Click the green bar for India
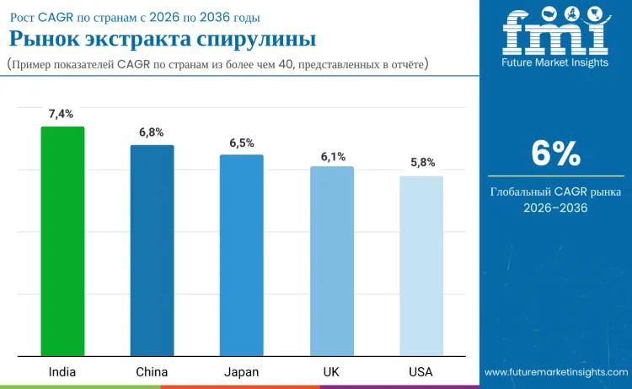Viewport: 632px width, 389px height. tap(62, 241)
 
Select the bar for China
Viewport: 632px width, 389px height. tap(152, 251)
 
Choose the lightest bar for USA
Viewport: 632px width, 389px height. tap(421, 266)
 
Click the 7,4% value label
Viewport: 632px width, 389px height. tap(61, 114)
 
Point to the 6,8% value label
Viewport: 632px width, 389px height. tap(151, 132)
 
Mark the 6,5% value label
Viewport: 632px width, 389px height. tap(241, 143)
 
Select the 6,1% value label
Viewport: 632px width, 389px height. tap(333, 156)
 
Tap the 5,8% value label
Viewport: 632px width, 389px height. tap(422, 163)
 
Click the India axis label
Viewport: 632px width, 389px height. tap(62, 372)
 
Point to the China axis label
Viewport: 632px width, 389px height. tap(152, 372)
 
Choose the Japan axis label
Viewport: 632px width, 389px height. tap(241, 372)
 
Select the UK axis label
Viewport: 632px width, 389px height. tap(332, 372)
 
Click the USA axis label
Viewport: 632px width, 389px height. tap(421, 372)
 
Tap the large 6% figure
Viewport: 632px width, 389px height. tap(555, 154)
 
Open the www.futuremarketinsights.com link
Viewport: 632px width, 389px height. tap(555, 372)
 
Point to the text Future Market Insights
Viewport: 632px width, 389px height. tap(554, 62)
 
